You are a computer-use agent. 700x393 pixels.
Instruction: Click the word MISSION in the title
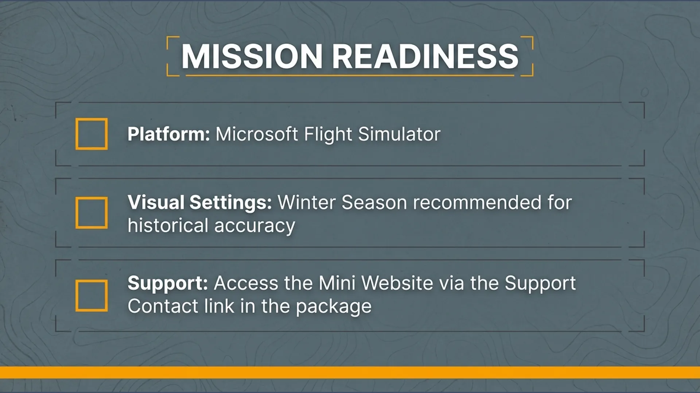[252, 56]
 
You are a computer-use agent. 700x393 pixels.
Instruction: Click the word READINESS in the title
[425, 56]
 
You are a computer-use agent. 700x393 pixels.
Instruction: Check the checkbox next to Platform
[92, 134]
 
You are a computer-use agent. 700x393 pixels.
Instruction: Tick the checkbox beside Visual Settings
[92, 213]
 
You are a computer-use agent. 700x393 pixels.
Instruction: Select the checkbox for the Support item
[92, 296]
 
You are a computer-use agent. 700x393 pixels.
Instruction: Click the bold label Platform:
[169, 134]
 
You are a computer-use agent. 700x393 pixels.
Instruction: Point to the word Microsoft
[257, 134]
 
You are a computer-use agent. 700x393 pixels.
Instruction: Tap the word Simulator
[400, 134]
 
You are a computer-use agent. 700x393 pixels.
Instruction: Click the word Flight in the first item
[328, 135]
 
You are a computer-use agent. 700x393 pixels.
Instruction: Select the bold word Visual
[156, 202]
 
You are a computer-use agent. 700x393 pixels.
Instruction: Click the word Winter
[307, 202]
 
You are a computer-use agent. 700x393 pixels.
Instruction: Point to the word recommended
[477, 202]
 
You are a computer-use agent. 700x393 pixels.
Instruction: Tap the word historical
[168, 225]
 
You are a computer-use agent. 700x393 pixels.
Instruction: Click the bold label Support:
[168, 283]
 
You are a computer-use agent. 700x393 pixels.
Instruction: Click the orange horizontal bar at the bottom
[350, 372]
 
